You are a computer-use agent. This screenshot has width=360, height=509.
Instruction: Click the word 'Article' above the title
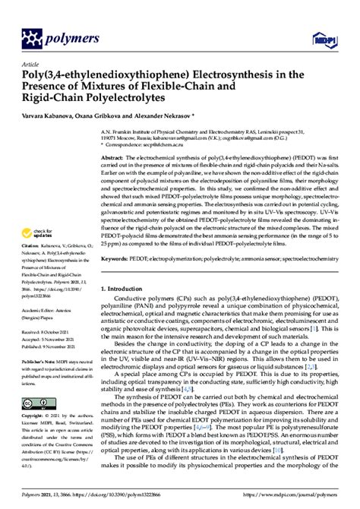point(32,66)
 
